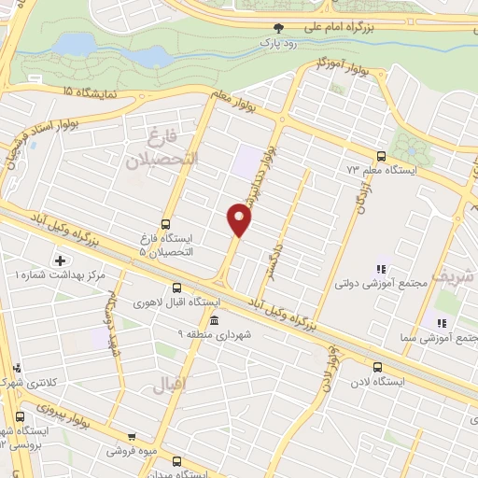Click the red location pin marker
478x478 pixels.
pos(240,219)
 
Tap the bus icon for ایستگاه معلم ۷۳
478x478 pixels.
pos(380,156)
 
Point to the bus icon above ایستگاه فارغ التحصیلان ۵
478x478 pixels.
pos(165,224)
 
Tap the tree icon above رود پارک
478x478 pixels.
pos(277,28)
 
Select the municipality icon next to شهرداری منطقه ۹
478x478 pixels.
pos(215,320)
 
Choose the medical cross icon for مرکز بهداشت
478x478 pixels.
pos(62,260)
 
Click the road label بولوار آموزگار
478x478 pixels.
pos(328,65)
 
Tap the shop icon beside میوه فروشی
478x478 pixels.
pos(132,436)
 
